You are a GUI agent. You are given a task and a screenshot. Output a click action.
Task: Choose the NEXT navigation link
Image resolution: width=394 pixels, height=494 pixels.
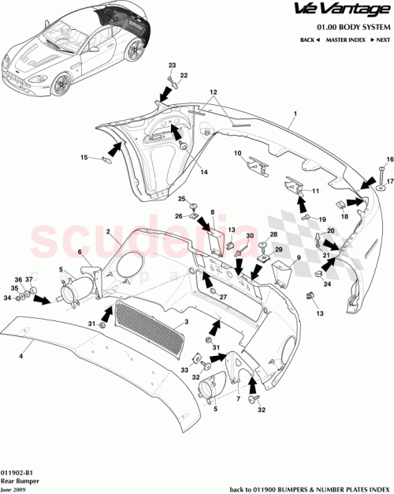pos(381,39)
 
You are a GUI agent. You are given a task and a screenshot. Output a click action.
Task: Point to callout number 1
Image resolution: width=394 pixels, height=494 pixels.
pos(295,114)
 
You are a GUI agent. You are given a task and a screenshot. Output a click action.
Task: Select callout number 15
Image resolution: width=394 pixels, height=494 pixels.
pos(84,158)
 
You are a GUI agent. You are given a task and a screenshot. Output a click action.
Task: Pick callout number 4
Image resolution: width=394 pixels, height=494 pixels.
pos(20,357)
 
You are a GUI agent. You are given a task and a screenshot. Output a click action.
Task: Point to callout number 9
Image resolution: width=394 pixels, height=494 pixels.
pos(298,257)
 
